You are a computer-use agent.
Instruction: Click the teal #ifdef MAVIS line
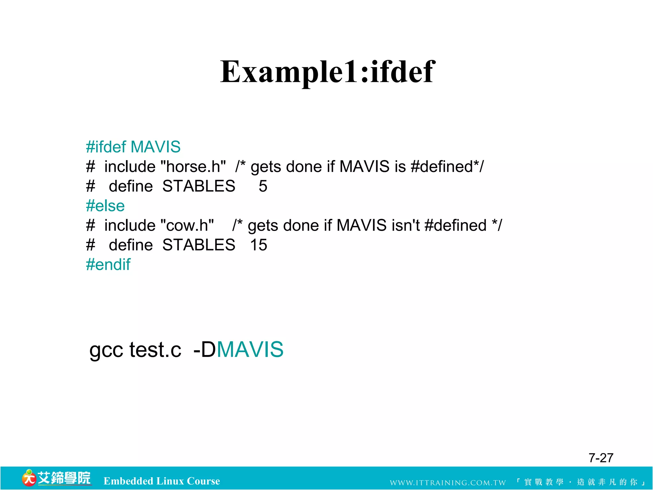click(x=133, y=147)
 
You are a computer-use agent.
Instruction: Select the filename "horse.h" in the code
click(x=193, y=167)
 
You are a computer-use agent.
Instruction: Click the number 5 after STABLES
click(x=263, y=186)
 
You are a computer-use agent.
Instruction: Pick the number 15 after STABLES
click(x=258, y=245)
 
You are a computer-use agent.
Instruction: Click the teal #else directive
click(x=105, y=206)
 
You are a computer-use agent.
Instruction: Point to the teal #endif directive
click(x=108, y=264)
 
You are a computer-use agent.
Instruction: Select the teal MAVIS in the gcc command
click(x=250, y=349)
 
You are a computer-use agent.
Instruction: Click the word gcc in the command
click(x=106, y=350)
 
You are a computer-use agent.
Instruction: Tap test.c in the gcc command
click(x=155, y=350)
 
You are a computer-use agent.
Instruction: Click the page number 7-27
click(x=601, y=458)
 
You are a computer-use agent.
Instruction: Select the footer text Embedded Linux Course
click(x=162, y=481)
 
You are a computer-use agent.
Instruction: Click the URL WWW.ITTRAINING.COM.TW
click(x=448, y=482)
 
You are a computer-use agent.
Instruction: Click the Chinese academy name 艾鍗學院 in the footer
click(x=64, y=478)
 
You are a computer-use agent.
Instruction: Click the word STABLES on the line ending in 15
click(x=199, y=245)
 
